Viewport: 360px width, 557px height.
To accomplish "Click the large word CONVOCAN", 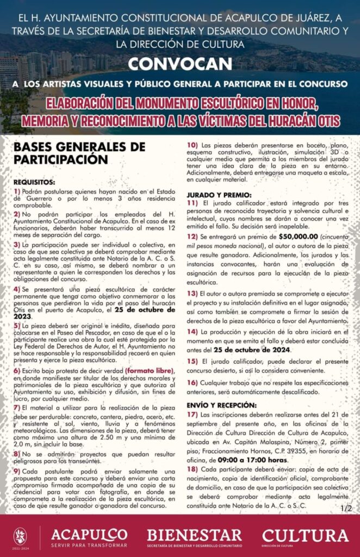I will (x=180, y=64).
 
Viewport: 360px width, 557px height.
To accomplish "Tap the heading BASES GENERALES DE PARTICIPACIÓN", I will (x=79, y=153).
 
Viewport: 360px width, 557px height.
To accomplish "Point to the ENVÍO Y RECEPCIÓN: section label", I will (x=221, y=405).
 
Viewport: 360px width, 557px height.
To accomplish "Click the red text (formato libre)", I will (x=148, y=370).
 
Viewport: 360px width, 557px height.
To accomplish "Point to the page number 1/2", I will (x=346, y=508).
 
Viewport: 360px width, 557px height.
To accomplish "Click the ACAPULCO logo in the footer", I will (x=89, y=534).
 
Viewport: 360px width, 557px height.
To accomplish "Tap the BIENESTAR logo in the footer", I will (x=195, y=534).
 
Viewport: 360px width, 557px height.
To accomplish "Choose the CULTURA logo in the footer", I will (x=305, y=535).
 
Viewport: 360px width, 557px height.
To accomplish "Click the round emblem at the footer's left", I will (x=20, y=536).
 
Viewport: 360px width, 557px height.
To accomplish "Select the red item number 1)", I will (x=17, y=191).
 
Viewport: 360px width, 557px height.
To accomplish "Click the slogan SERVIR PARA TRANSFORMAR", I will (x=89, y=545).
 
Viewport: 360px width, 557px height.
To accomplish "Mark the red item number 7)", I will (x=17, y=406).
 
